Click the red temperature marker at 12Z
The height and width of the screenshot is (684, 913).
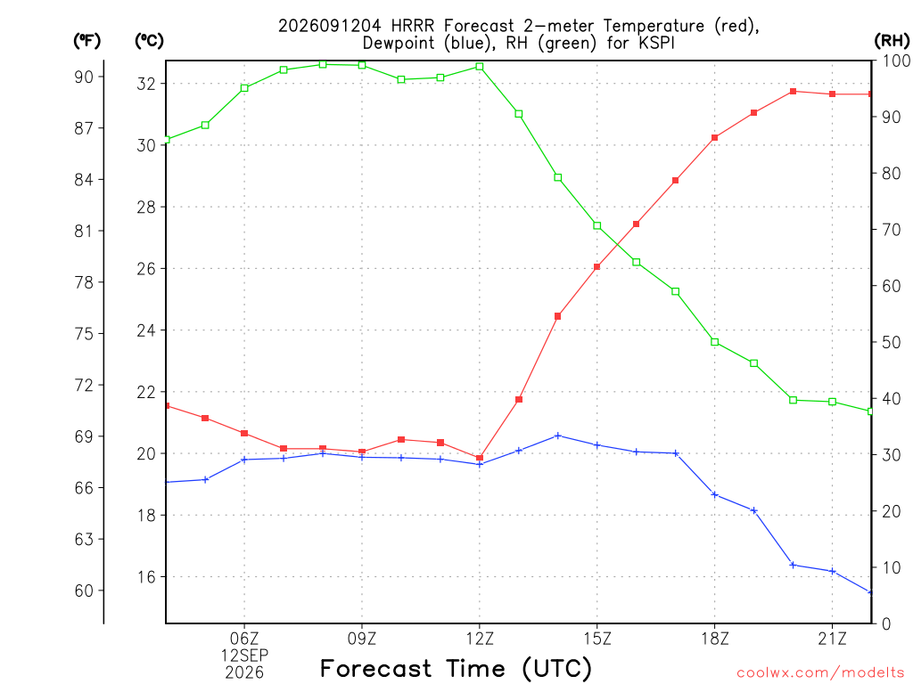[480, 459]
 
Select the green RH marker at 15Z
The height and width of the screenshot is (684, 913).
[596, 225]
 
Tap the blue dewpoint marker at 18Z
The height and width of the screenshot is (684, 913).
[714, 495]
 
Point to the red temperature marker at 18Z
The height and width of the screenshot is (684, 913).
[714, 138]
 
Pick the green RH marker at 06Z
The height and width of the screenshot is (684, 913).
[244, 88]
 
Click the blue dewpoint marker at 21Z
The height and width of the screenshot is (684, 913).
[832, 572]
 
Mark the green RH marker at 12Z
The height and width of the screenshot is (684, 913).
[480, 67]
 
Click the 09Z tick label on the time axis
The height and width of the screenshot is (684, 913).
[362, 639]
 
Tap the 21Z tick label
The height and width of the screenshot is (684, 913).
[832, 639]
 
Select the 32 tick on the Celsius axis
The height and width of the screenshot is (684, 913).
[146, 84]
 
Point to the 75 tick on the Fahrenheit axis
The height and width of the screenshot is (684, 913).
[84, 334]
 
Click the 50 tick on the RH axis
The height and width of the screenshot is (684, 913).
[891, 343]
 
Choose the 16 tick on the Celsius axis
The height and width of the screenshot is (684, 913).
[146, 577]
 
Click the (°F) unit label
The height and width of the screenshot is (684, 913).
[86, 41]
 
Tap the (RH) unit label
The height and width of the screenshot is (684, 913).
[892, 41]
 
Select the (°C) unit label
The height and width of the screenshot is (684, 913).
[149, 41]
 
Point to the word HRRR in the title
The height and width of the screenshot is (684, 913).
[413, 26]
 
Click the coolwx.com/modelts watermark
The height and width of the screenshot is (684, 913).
[820, 672]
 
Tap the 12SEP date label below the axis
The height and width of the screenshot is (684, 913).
[244, 655]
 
